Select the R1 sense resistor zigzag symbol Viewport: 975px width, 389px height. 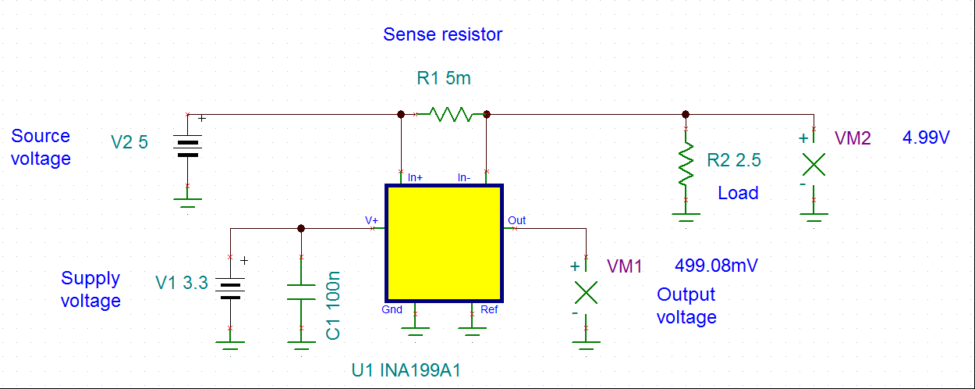[451, 115]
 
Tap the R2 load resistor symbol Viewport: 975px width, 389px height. [686, 164]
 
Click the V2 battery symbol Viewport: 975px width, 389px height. [188, 148]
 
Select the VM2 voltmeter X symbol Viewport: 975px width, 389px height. [814, 164]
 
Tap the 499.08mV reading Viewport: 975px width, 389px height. [716, 266]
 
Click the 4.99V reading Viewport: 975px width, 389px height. [926, 138]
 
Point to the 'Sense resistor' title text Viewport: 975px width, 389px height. [442, 34]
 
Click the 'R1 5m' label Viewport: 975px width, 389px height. [444, 78]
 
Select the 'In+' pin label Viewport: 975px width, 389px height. [415, 177]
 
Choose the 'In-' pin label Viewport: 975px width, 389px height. [464, 177]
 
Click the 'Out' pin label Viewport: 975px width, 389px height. [516, 220]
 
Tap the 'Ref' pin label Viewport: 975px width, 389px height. [489, 309]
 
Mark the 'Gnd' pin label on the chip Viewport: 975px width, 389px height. [392, 309]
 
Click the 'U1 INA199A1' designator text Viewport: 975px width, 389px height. [406, 369]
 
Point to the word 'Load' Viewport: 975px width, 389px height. [738, 193]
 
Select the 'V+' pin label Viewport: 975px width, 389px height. [372, 220]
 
